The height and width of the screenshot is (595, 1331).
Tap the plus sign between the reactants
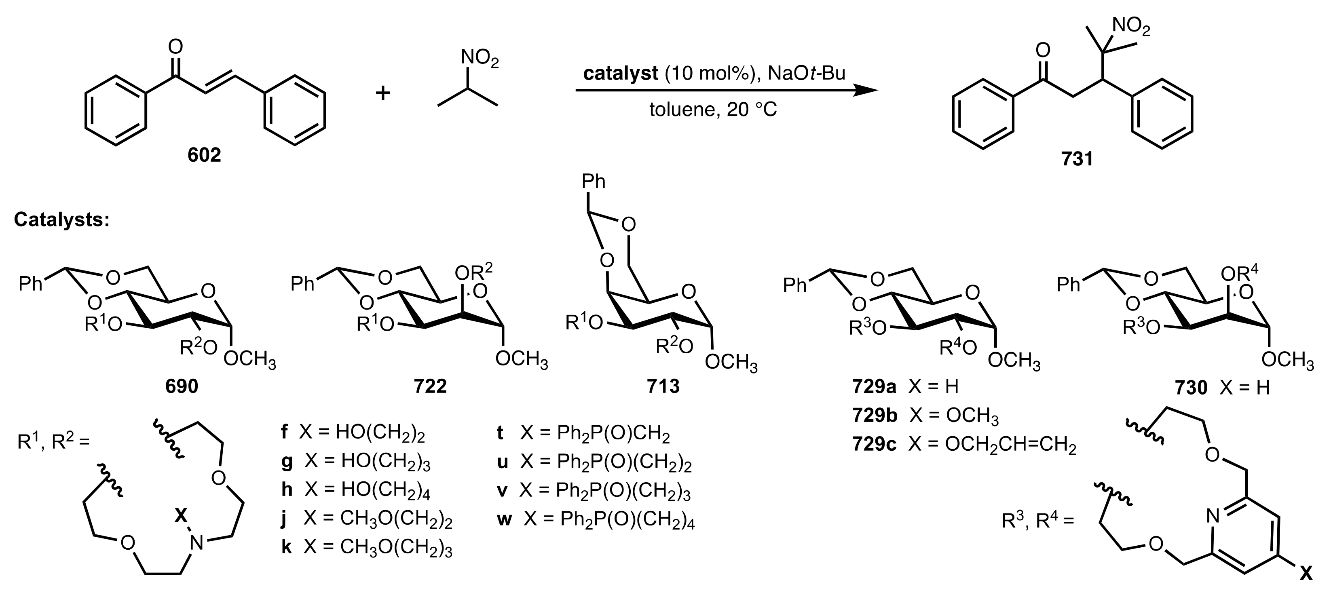(x=383, y=93)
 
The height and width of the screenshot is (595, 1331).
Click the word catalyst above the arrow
(x=621, y=74)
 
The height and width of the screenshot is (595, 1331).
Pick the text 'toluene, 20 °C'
(x=713, y=110)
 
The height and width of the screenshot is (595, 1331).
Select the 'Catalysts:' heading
(x=61, y=220)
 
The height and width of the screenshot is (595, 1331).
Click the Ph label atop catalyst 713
(x=593, y=182)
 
